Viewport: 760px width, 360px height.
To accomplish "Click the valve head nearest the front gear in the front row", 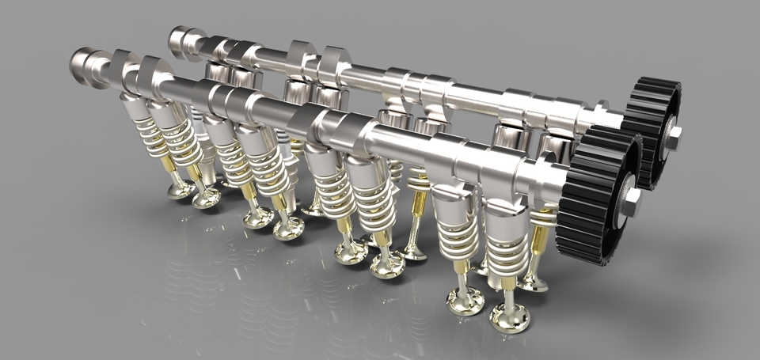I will coord(509,316).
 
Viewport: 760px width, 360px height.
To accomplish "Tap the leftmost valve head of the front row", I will coord(180,189).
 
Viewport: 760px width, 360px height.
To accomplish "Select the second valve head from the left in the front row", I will coord(206,197).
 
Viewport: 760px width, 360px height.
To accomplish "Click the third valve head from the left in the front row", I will coord(257,217).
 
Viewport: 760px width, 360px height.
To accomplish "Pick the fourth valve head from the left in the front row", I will coord(288,228).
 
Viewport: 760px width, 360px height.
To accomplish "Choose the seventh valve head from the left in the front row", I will coord(465,301).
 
